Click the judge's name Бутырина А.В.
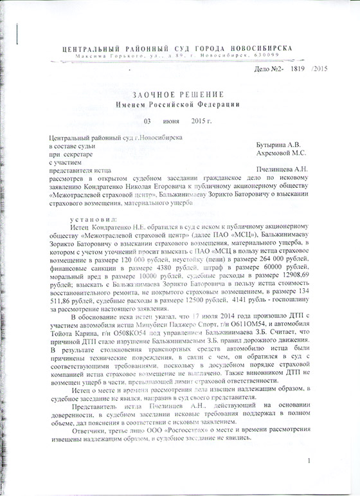point(278,146)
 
